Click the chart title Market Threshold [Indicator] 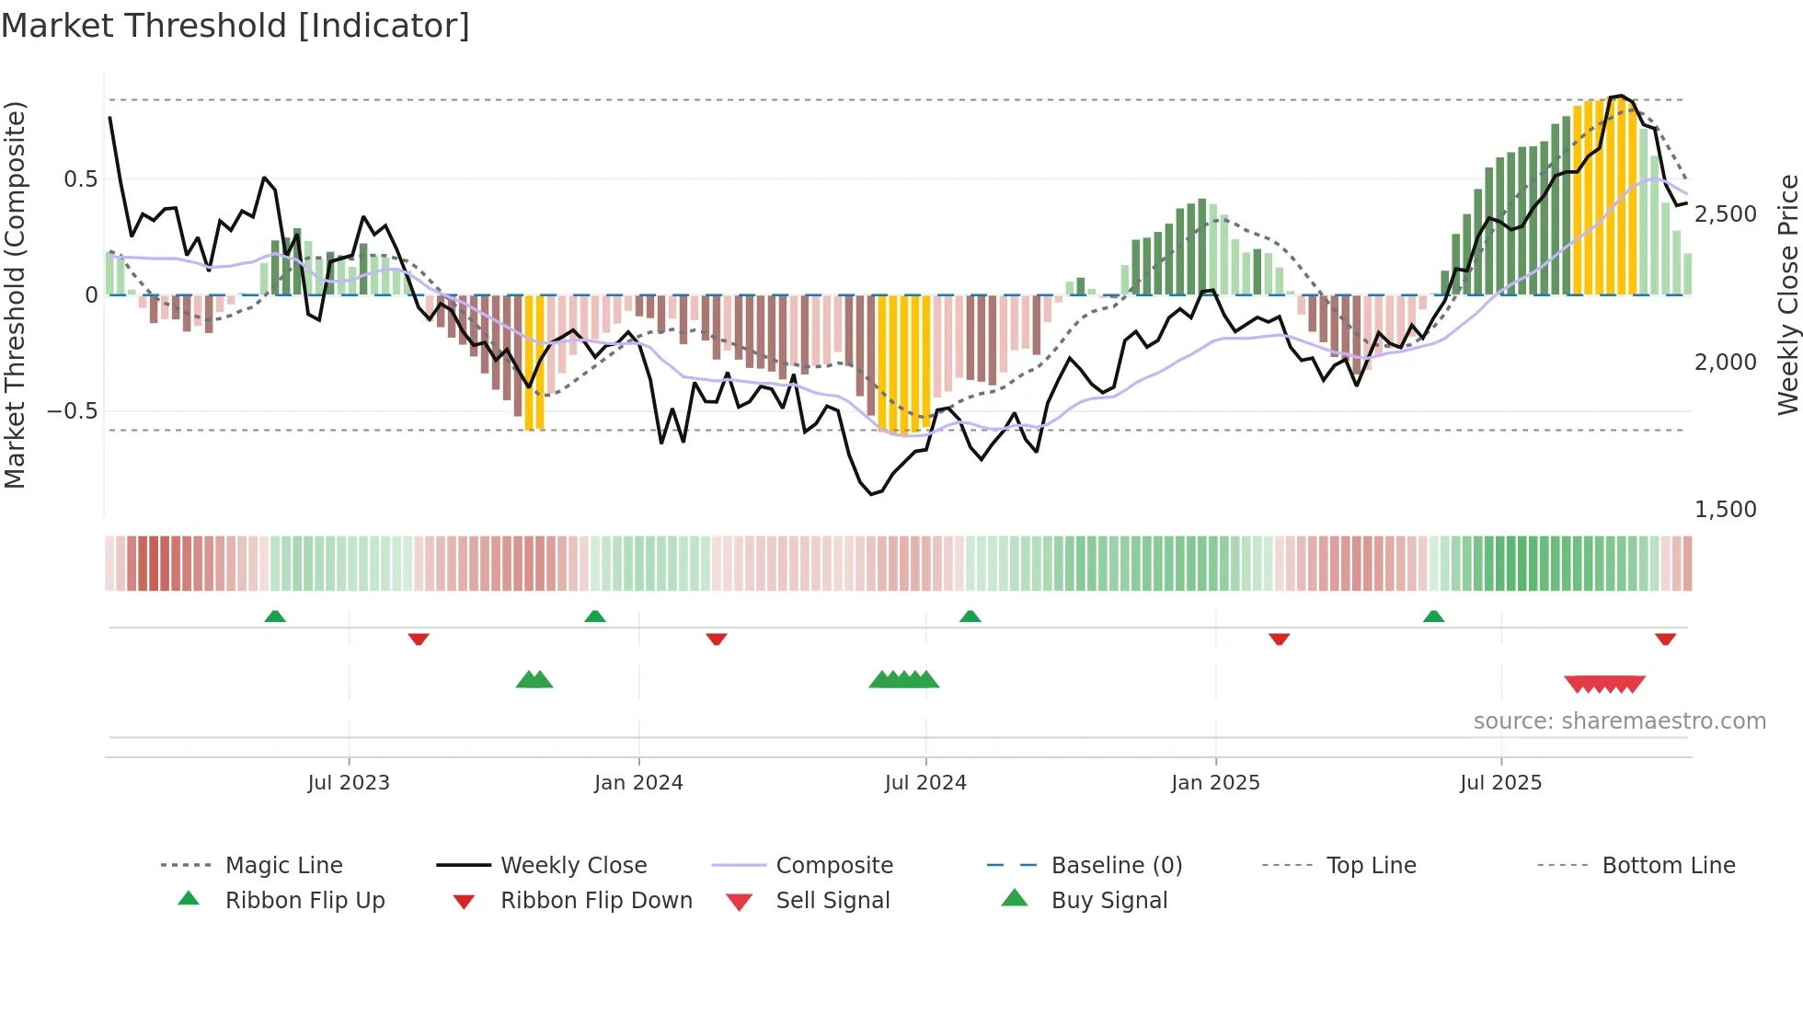(x=235, y=26)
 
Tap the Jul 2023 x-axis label (x=349, y=783)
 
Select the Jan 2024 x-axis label (x=638, y=783)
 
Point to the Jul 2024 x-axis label (x=925, y=783)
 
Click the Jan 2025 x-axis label (x=1215, y=783)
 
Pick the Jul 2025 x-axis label (x=1500, y=783)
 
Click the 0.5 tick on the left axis (x=80, y=179)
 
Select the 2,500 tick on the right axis (x=1725, y=214)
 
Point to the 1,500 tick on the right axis (x=1725, y=510)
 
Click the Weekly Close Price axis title (x=1787, y=294)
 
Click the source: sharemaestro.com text (x=1619, y=721)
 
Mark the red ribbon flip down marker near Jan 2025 (x=1279, y=639)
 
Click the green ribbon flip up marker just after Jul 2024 (x=970, y=616)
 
